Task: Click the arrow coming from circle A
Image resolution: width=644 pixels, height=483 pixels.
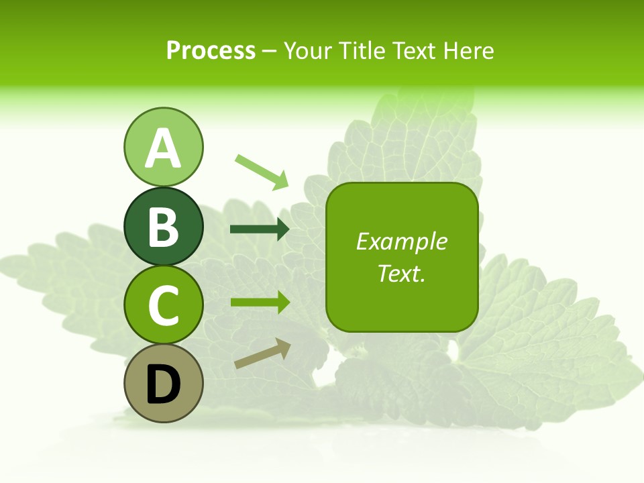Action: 262,171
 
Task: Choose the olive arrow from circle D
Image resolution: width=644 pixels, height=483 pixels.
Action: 262,354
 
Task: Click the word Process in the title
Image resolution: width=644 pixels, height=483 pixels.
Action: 211,51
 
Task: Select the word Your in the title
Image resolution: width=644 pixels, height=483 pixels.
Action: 308,51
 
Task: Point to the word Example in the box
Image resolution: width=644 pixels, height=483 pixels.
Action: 402,241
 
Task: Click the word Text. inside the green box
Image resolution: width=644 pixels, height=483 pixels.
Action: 402,274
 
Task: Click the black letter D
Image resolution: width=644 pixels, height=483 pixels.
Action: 163,384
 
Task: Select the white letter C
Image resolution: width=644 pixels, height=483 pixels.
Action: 163,305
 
